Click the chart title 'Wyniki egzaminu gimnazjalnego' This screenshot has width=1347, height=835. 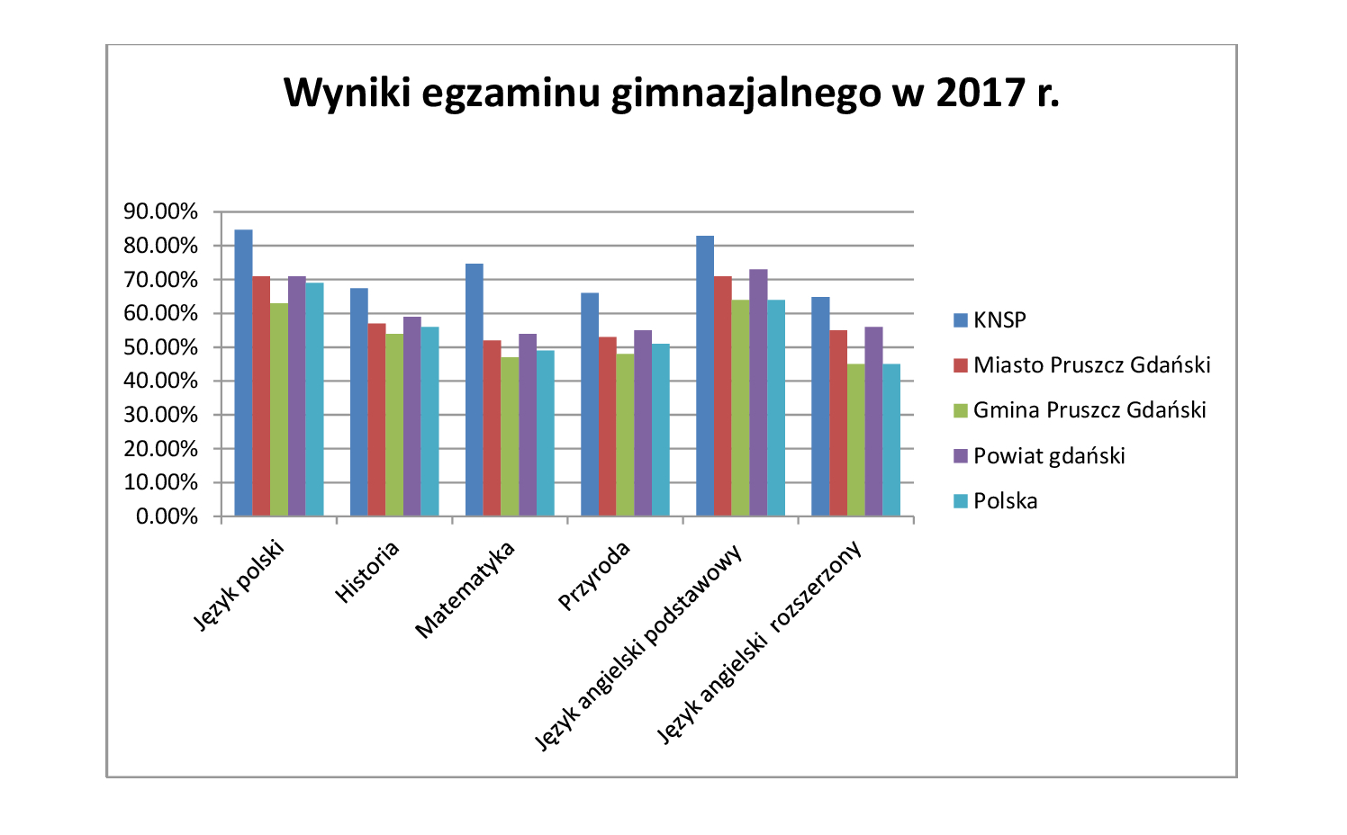(x=671, y=93)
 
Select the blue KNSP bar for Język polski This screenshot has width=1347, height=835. (x=243, y=373)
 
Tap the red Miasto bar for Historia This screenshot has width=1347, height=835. (x=376, y=419)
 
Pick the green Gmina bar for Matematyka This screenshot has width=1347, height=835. (x=510, y=436)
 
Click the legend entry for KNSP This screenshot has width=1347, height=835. (x=999, y=320)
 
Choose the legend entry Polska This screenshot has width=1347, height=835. (x=1005, y=501)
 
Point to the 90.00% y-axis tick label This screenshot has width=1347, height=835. (x=161, y=212)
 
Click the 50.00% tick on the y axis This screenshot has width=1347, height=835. (x=161, y=347)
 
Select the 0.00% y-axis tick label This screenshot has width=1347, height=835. (x=167, y=516)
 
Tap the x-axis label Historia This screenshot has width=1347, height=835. (x=367, y=572)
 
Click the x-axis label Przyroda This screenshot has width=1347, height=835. (x=594, y=576)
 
